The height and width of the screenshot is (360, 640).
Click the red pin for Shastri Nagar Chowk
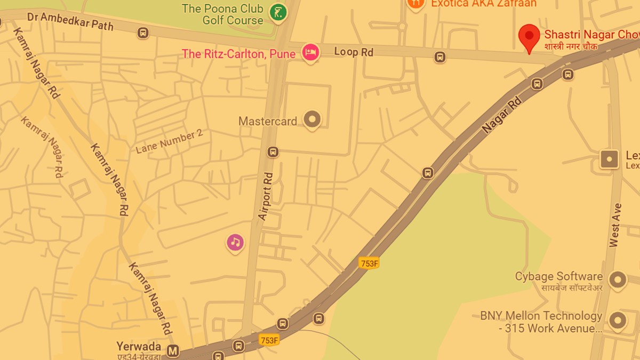(529, 36)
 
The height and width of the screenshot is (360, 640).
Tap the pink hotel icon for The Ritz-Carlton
(310, 52)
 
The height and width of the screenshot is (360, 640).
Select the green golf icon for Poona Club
(277, 12)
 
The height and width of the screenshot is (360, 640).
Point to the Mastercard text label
(268, 121)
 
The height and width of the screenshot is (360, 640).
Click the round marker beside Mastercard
(312, 119)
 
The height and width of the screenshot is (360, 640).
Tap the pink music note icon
(235, 243)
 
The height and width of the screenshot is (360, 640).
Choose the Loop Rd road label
(354, 52)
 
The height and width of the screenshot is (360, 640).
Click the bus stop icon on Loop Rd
(440, 57)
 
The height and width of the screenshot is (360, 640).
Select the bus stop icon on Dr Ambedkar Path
(143, 33)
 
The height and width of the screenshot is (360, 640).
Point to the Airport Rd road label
(266, 196)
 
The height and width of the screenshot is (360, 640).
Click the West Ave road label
(615, 225)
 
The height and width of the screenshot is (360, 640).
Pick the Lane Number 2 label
(169, 141)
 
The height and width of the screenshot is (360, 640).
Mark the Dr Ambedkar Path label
(70, 20)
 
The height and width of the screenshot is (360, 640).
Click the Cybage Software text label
(558, 276)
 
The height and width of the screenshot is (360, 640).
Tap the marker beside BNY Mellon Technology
(618, 320)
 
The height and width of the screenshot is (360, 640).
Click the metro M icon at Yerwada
(172, 351)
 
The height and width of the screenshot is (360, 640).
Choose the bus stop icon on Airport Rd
(273, 152)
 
